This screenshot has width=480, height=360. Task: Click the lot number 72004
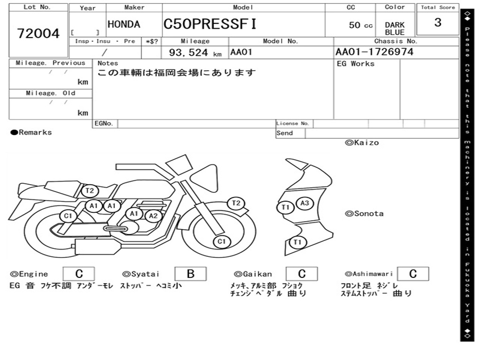click(38, 33)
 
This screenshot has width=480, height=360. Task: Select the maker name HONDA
click(124, 24)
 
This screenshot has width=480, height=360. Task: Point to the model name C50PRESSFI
click(210, 24)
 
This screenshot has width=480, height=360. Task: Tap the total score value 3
click(438, 22)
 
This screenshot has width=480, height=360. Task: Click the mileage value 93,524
click(188, 52)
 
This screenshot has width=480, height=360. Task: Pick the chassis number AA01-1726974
click(375, 52)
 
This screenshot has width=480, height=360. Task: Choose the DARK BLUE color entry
click(395, 29)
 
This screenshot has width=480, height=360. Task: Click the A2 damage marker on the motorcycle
click(153, 216)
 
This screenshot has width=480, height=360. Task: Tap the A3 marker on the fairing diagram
click(305, 203)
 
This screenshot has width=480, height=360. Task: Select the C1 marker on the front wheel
click(222, 241)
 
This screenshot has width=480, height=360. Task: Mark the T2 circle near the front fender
click(236, 203)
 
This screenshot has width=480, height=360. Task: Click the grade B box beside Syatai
click(190, 274)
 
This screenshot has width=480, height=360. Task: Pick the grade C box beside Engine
click(79, 274)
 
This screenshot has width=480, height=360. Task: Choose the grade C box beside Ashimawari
click(413, 274)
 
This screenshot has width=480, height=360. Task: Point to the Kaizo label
click(362, 142)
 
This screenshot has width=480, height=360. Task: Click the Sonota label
click(364, 214)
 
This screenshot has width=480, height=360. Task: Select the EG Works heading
click(355, 64)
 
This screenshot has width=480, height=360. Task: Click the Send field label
click(285, 133)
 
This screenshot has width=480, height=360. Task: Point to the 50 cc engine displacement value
click(360, 25)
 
